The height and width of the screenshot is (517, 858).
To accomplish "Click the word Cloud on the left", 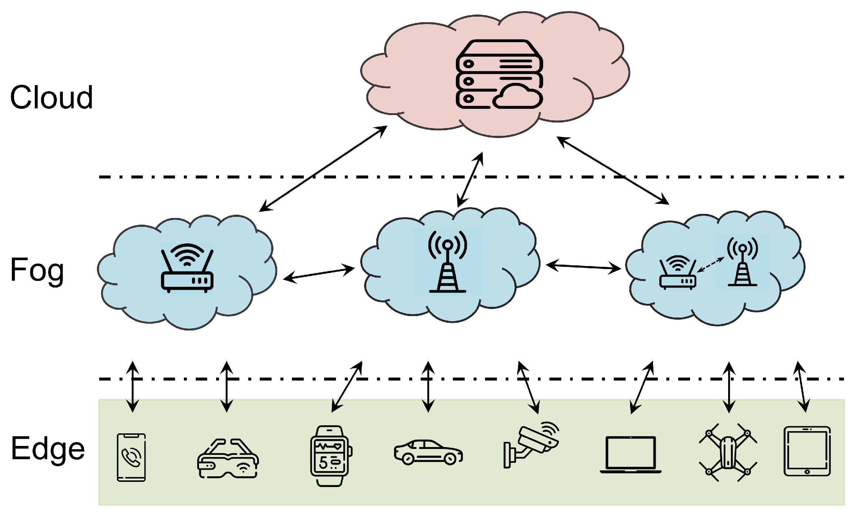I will tap(51, 97).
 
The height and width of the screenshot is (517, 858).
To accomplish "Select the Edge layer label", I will tap(48, 449).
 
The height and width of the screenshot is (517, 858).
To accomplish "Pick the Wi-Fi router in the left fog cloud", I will tap(187, 268).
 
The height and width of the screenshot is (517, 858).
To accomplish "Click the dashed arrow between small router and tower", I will tap(710, 265).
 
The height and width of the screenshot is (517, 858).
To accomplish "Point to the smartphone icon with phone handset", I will tap(131, 457).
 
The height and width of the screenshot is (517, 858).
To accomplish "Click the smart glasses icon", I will tap(228, 459).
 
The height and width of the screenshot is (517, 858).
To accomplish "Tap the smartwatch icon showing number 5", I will tap(330, 456).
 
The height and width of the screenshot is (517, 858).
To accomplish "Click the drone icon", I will tap(728, 453).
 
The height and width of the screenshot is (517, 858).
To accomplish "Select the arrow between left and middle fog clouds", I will tap(319, 273).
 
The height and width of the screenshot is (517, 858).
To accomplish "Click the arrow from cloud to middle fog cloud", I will tap(470, 180).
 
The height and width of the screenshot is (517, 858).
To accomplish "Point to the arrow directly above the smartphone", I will tap(132, 387).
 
